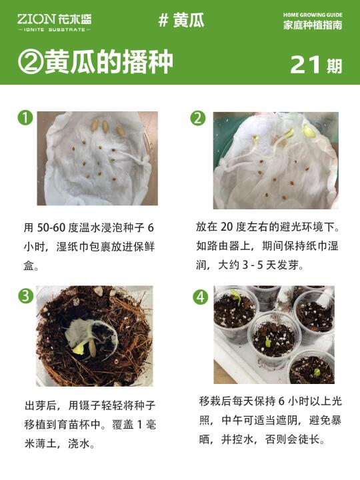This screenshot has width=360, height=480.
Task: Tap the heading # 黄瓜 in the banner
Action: tap(181, 20)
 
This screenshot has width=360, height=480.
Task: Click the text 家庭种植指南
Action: tap(313, 25)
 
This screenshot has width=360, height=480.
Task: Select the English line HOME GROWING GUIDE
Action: tap(313, 15)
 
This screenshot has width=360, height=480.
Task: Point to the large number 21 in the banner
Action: tap(305, 65)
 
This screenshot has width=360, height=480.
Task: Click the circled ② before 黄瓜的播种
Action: tap(30, 61)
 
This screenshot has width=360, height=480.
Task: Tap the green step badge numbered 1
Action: tap(25, 117)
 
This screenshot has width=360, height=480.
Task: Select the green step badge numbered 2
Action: tap(197, 118)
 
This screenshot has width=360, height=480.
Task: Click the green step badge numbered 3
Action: tap(26, 296)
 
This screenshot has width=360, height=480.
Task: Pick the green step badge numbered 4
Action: tap(201, 297)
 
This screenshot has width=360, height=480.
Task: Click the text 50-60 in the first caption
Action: tap(51, 228)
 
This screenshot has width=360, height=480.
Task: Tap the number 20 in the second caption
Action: tap(227, 227)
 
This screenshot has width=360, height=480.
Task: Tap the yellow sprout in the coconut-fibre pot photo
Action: tap(79, 349)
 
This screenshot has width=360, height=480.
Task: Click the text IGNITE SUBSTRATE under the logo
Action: tap(54, 30)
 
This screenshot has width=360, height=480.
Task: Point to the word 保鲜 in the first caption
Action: tap(144, 247)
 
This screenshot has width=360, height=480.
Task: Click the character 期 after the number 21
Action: tap(334, 66)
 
